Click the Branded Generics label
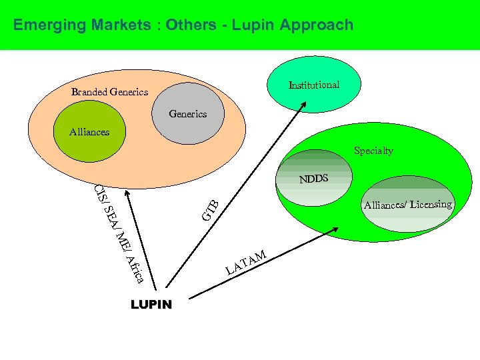point(109,92)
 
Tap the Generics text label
point(187,114)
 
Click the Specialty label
point(373,151)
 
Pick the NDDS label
point(313,179)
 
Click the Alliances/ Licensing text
point(407,205)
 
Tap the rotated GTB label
point(211,209)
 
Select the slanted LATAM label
point(247,262)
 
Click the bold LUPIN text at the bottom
point(151,305)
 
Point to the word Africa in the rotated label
point(134,268)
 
